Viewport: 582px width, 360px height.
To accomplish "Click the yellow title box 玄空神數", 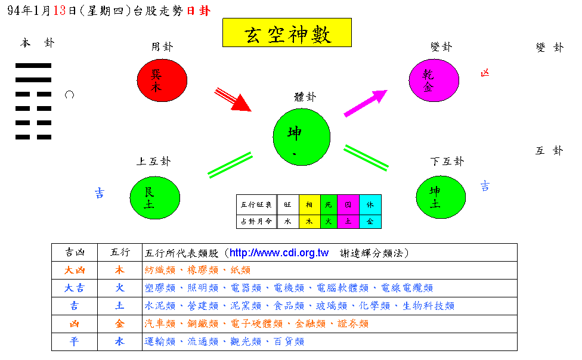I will [287, 33].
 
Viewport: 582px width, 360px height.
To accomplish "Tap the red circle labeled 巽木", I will [162, 80].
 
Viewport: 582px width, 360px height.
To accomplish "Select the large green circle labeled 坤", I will [301, 136].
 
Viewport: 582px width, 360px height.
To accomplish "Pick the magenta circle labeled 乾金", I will [434, 80].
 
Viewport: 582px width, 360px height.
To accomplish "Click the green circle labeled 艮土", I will [155, 198].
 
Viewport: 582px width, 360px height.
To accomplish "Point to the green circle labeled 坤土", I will [441, 197].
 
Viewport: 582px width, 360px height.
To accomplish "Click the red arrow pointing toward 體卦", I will [233, 100].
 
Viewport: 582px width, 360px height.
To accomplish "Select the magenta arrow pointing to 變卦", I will [365, 103].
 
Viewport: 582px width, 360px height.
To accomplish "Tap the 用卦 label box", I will [162, 46].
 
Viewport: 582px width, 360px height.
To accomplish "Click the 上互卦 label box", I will [154, 162].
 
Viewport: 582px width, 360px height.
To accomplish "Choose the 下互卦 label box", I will [448, 162].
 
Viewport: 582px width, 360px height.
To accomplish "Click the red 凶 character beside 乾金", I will [485, 73].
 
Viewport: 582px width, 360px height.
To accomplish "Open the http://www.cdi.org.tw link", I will [279, 253].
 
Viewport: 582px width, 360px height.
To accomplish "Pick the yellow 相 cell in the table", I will [309, 204].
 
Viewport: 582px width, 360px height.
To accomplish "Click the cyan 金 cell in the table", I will [370, 221].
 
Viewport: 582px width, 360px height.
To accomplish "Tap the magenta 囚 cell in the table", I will [348, 204].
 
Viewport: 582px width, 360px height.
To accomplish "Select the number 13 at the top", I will [59, 11].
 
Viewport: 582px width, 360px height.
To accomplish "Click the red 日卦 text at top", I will [199, 11].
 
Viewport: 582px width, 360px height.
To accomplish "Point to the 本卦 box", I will [37, 44].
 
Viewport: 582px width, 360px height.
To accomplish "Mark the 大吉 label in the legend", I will [75, 288].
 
